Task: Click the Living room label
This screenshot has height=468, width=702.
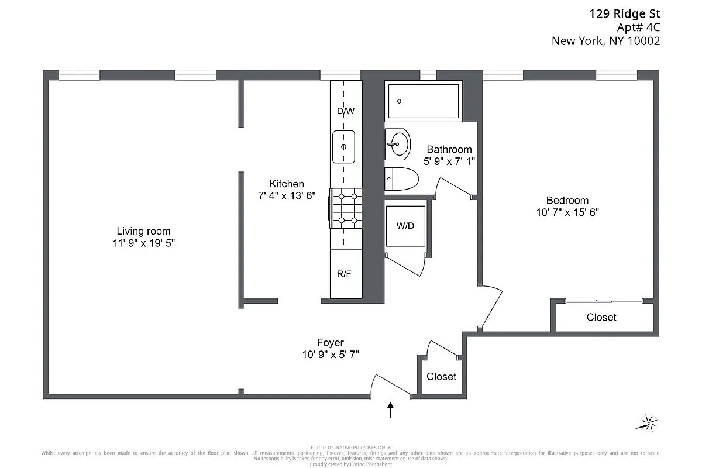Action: point(143,231)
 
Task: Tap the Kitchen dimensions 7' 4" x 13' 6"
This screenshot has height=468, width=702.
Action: point(287,197)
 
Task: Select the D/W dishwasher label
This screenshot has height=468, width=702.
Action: point(346,111)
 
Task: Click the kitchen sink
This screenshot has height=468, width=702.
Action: point(344,147)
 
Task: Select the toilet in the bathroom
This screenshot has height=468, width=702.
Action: point(401,178)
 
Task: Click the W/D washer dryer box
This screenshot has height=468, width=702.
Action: point(405,226)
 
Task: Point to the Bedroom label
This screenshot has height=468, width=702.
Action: point(567,200)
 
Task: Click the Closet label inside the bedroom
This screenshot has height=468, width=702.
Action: point(601,317)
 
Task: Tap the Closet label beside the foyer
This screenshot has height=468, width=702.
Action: point(441,376)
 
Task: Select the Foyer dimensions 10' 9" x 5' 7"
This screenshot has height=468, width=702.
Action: point(330,355)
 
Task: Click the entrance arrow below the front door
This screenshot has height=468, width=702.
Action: point(391,409)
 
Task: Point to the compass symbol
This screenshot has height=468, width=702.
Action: point(646,422)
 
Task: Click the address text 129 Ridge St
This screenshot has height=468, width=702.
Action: point(624,13)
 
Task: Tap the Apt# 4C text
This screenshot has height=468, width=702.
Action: point(638,27)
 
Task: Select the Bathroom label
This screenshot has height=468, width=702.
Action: point(449,149)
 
